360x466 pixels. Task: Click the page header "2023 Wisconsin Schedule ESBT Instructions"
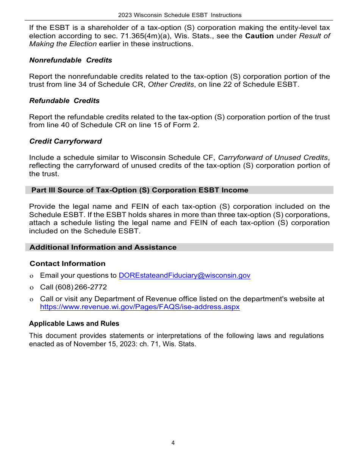(x=180, y=15)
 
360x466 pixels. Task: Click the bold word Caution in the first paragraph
(x=259, y=36)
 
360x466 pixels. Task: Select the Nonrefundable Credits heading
(x=70, y=60)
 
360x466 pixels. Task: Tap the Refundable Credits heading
(x=64, y=101)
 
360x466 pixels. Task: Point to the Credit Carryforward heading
(x=66, y=141)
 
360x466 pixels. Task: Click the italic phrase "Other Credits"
(x=171, y=84)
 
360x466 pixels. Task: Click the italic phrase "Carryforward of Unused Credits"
(x=273, y=158)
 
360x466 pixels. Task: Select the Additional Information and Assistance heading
(x=103, y=247)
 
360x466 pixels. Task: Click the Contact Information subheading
(x=67, y=264)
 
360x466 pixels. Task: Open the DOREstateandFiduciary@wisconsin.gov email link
(x=185, y=276)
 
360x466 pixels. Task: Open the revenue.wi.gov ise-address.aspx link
(x=140, y=307)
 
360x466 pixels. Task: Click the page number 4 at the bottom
(x=173, y=443)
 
